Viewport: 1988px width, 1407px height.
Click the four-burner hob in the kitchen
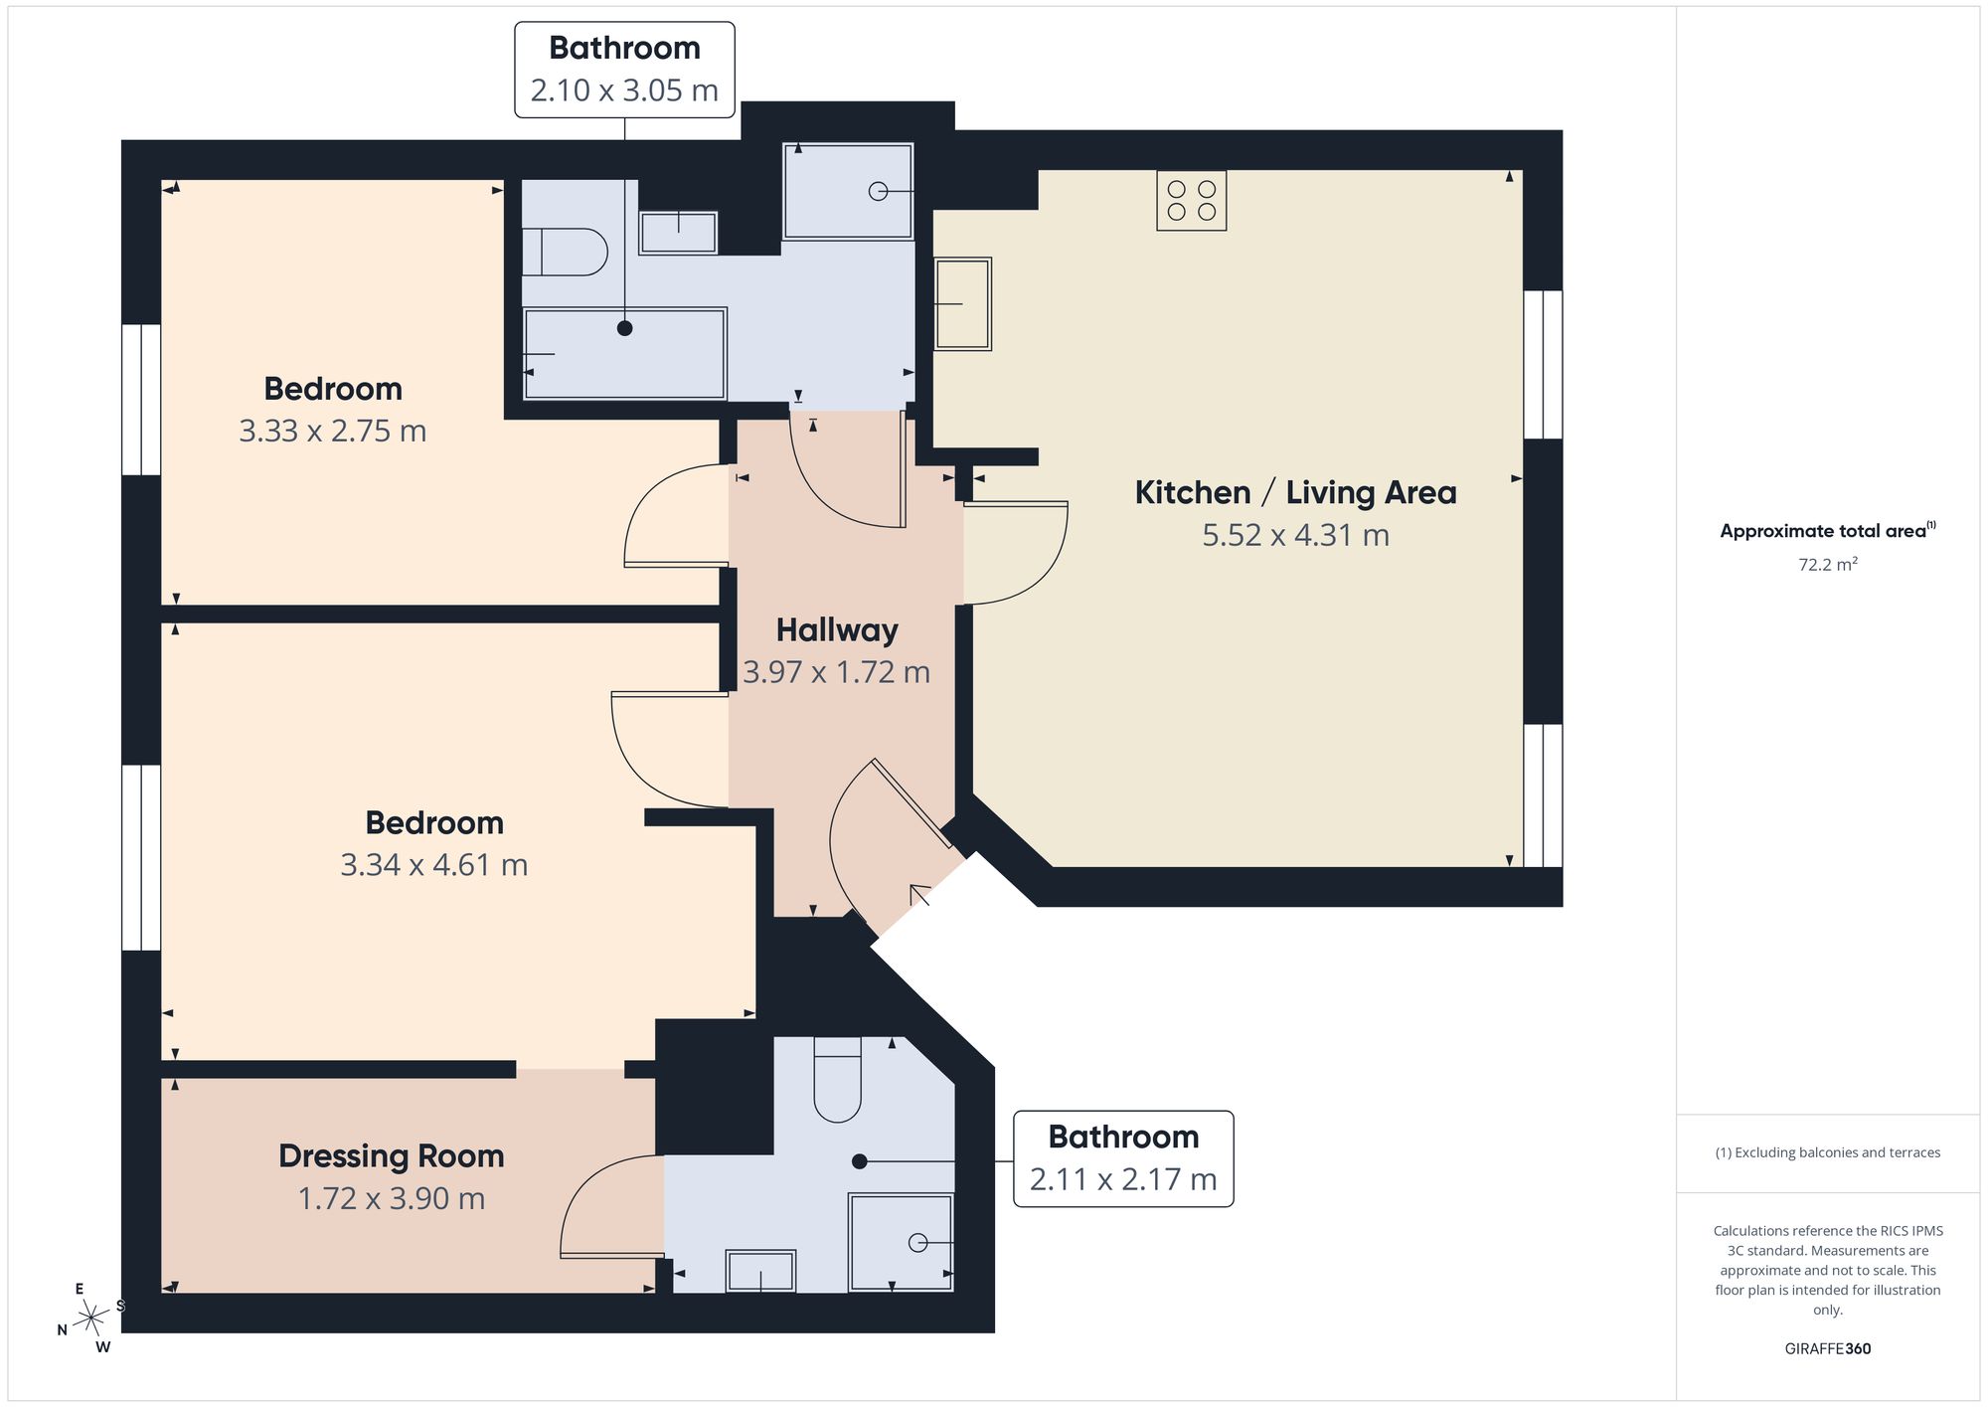click(x=1191, y=201)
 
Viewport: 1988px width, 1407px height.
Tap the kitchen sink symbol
click(x=962, y=303)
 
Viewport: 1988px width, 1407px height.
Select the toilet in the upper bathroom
click(x=564, y=252)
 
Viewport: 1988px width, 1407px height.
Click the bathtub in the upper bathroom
click(x=625, y=353)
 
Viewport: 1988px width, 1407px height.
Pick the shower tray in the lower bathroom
click(x=901, y=1242)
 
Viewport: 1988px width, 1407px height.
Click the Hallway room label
click(x=837, y=629)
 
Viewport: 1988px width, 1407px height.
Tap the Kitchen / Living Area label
click(x=1296, y=492)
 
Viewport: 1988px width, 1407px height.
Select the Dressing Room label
click(x=392, y=1155)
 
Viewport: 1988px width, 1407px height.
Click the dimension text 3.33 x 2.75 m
click(x=333, y=431)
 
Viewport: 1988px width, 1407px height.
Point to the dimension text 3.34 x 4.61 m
click(x=434, y=865)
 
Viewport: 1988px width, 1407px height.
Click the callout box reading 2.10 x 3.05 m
click(x=624, y=70)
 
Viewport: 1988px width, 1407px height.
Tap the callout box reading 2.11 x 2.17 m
click(x=1123, y=1158)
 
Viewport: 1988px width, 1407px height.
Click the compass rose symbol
click(x=91, y=1319)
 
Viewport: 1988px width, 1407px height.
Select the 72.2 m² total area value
click(x=1828, y=564)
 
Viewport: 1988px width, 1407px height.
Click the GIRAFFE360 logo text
click(x=1828, y=1349)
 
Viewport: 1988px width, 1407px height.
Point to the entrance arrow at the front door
click(x=918, y=895)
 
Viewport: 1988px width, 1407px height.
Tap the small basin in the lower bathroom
click(x=760, y=1271)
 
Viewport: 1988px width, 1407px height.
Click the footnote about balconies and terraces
click(x=1828, y=1152)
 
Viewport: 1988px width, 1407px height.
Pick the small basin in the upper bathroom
click(x=678, y=233)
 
